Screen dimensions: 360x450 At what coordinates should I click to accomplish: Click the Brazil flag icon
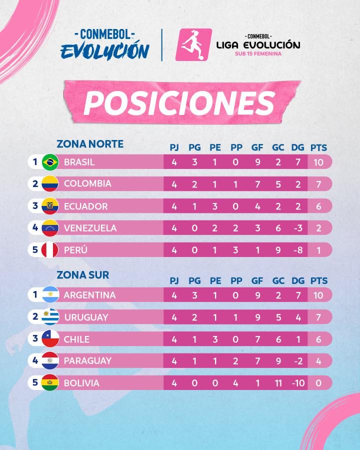[x=50, y=162]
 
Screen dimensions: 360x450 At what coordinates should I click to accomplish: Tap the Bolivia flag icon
[x=50, y=382]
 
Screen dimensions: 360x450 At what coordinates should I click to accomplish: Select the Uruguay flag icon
[x=50, y=317]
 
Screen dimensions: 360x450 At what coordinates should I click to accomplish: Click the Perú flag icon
[x=50, y=250]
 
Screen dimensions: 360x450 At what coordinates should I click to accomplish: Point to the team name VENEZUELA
[x=90, y=228]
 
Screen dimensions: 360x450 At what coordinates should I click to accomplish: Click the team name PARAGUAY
[x=87, y=360]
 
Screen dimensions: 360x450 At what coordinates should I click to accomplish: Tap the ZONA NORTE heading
[x=90, y=144]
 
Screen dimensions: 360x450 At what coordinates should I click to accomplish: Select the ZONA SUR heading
[x=82, y=275]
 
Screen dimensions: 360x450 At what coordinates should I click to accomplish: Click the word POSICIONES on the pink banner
[x=179, y=103]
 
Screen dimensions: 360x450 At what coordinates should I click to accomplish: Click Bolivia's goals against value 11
[x=278, y=383]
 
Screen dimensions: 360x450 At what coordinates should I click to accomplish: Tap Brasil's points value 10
[x=318, y=162]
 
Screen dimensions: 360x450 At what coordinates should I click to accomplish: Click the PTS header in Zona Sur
[x=318, y=280]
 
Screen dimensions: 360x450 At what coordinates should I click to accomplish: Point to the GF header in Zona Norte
[x=257, y=147]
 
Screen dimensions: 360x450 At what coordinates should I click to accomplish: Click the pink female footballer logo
[x=194, y=45]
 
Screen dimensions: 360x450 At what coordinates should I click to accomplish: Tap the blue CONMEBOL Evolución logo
[x=105, y=44]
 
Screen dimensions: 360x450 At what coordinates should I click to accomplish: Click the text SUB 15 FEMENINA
[x=258, y=53]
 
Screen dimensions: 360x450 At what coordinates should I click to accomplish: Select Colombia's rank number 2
[x=35, y=183]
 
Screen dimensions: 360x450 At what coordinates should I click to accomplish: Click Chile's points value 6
[x=318, y=339]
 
